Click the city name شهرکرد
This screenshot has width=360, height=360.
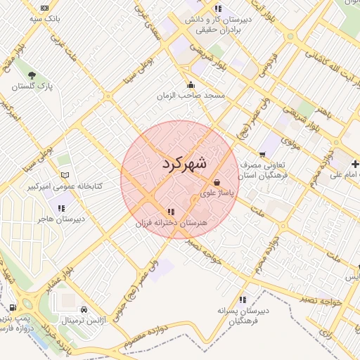184,164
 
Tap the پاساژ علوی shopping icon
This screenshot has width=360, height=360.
217,182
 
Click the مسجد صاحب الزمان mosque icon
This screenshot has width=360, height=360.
191,84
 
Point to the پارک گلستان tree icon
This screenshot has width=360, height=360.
31,74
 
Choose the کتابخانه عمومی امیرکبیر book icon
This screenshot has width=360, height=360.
65,174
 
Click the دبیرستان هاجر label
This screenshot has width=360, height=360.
62,219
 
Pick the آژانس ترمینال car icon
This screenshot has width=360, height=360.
84,309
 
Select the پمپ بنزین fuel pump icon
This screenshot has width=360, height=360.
13,307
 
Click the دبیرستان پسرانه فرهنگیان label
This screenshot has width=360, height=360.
243,315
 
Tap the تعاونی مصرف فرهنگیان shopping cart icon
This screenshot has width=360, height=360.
262,154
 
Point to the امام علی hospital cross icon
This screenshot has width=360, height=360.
356,164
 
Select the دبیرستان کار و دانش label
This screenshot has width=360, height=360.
218,20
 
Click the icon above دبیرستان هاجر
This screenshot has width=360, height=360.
62,208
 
